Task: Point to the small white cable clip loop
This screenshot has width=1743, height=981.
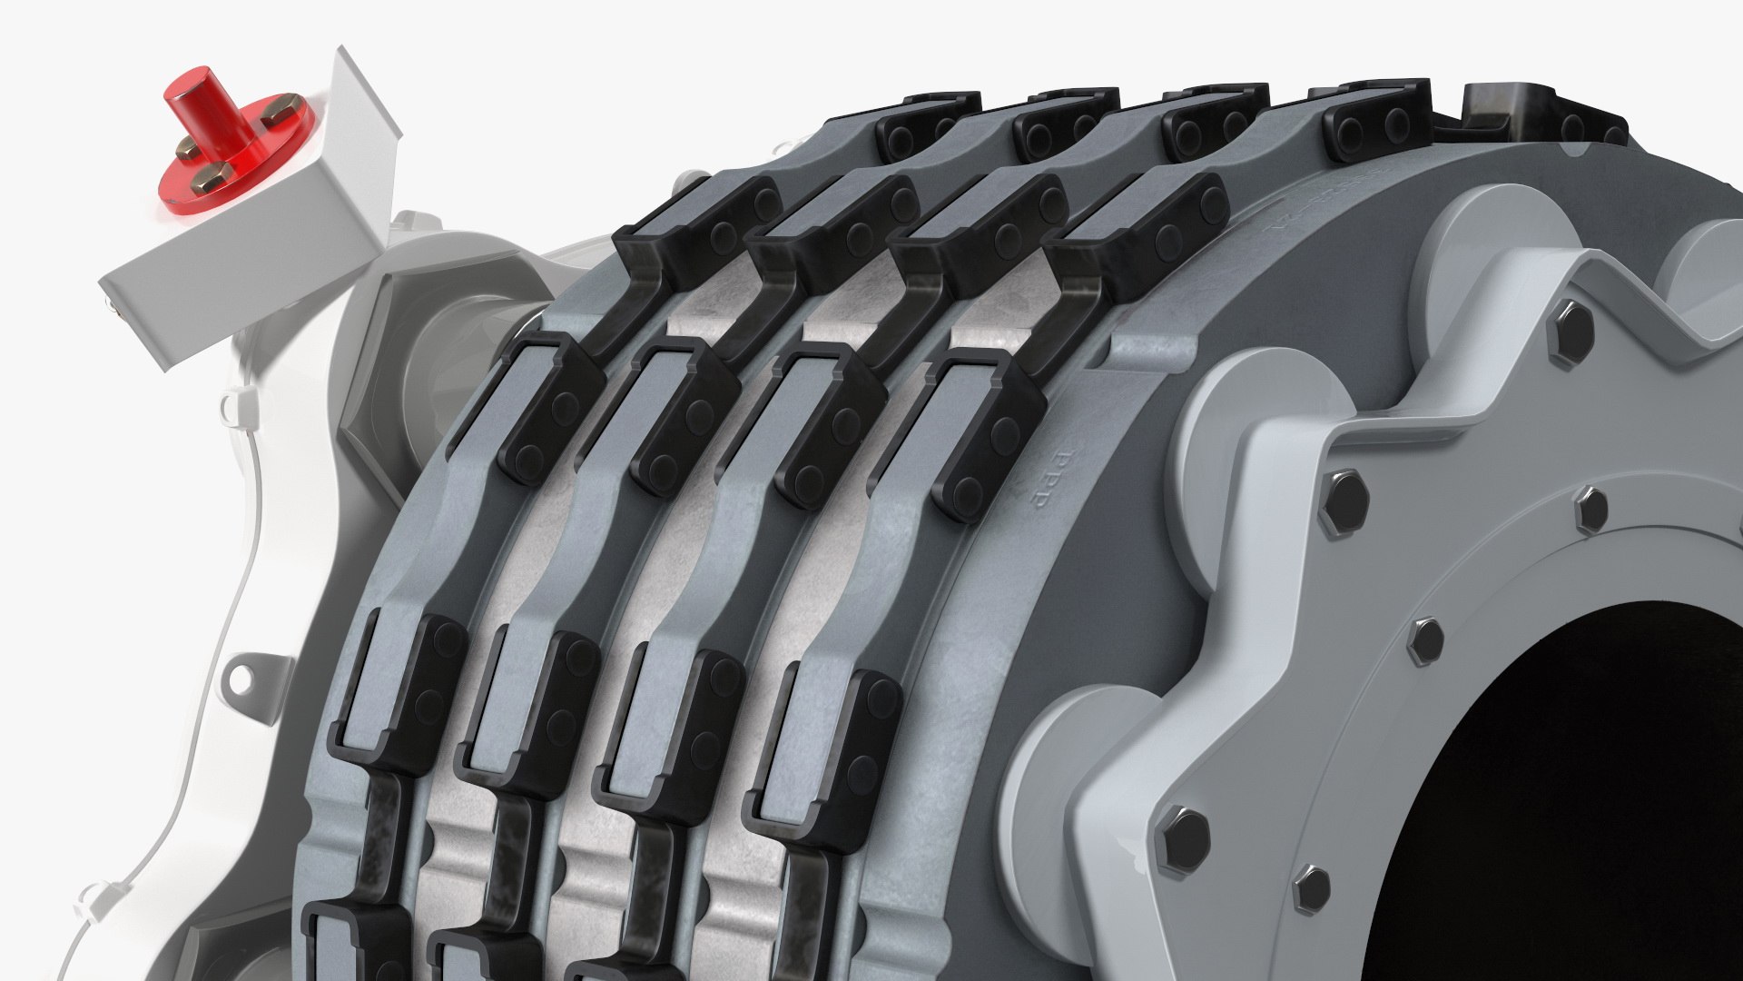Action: [x=234, y=401]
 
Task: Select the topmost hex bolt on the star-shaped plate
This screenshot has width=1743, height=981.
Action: [x=1575, y=320]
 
